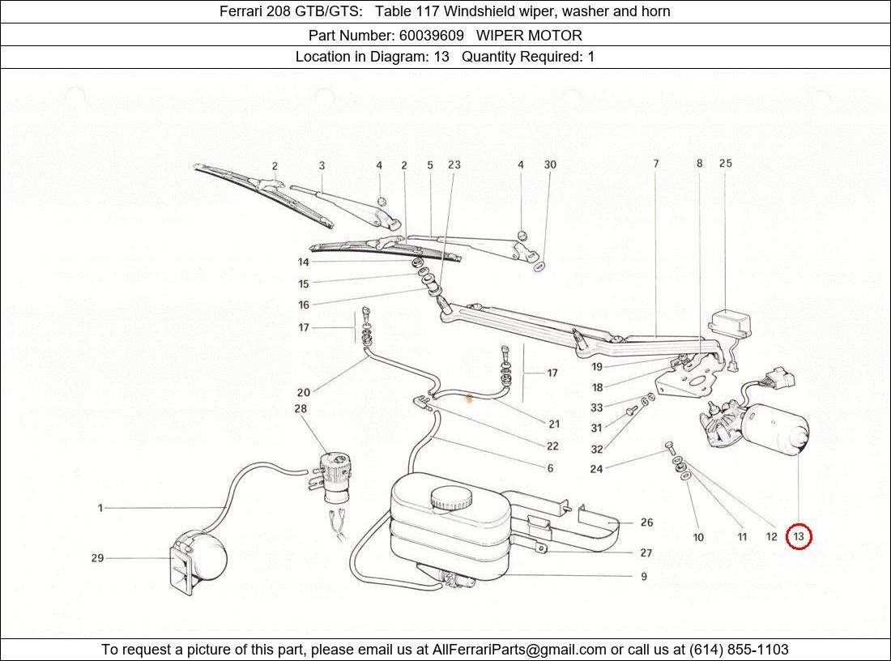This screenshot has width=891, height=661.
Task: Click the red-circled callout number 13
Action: pos(799,536)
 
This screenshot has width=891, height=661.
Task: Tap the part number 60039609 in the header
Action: pos(430,35)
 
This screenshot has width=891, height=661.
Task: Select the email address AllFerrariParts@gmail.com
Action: pos(519,649)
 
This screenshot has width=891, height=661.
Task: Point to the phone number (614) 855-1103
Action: pos(739,649)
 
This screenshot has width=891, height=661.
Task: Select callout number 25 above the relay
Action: pos(725,164)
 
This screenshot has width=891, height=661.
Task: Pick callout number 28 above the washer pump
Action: pos(301,409)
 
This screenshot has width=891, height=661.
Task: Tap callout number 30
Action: pos(550,164)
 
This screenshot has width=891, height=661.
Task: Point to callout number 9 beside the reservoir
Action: pos(644,577)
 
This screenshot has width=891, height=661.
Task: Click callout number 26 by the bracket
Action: pos(646,522)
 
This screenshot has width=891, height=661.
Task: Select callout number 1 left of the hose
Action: pos(100,508)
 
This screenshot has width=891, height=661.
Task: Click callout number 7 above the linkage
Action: pos(655,164)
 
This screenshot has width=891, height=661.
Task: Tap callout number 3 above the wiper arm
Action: pos(322,165)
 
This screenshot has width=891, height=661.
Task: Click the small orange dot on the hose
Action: pos(467,398)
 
